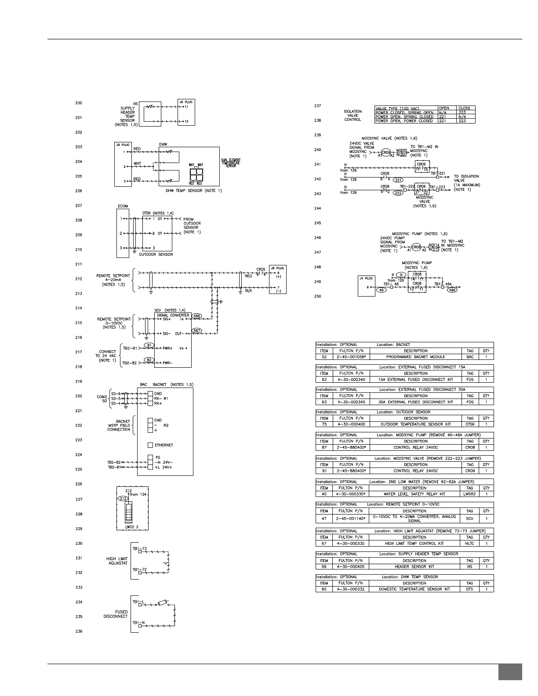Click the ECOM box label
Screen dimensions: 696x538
123,206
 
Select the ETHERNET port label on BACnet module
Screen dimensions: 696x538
164,445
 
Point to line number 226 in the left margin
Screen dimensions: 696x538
79,484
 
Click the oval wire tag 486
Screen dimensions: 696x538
197,316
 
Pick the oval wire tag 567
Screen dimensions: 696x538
197,330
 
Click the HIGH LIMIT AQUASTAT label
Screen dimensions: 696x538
117,561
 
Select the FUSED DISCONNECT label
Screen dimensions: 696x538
116,614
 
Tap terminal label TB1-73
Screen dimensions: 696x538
139,549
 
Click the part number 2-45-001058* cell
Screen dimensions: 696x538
350,357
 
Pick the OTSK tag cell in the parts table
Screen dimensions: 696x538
470,424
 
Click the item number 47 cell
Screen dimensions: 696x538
324,518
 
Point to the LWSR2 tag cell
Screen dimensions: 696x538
470,494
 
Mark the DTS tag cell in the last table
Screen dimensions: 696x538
470,589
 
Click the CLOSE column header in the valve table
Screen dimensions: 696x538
464,108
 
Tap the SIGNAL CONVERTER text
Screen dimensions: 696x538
173,315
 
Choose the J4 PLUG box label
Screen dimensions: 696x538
366,278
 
